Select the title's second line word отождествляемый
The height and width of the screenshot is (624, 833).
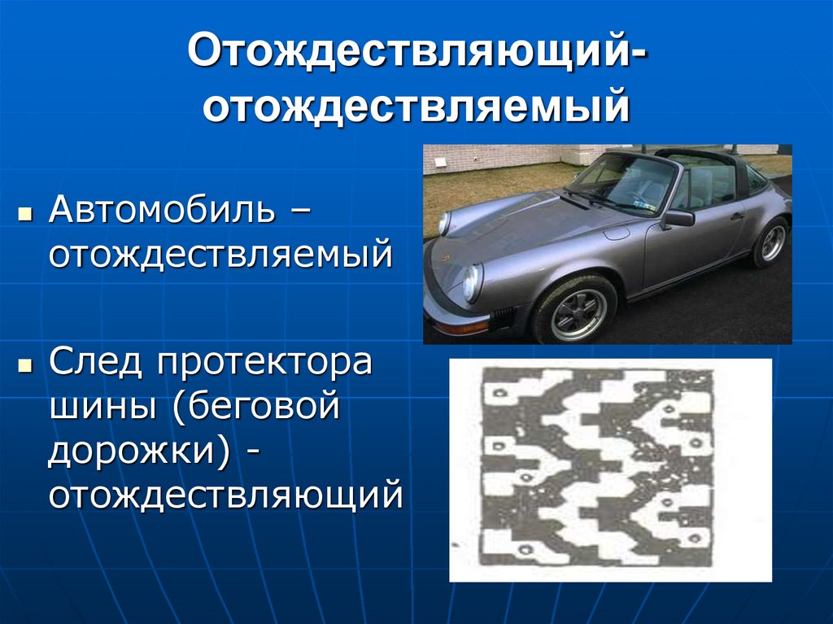point(416,107)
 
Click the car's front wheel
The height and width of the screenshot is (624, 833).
point(577,312)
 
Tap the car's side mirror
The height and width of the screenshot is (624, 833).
point(678,218)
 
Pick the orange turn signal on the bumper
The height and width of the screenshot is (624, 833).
point(460,328)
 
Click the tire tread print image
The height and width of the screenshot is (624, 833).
point(610,469)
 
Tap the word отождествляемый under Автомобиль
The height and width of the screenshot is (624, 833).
point(220,255)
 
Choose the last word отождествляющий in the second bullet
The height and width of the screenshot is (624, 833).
point(225,495)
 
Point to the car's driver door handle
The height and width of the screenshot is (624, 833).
point(736,217)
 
